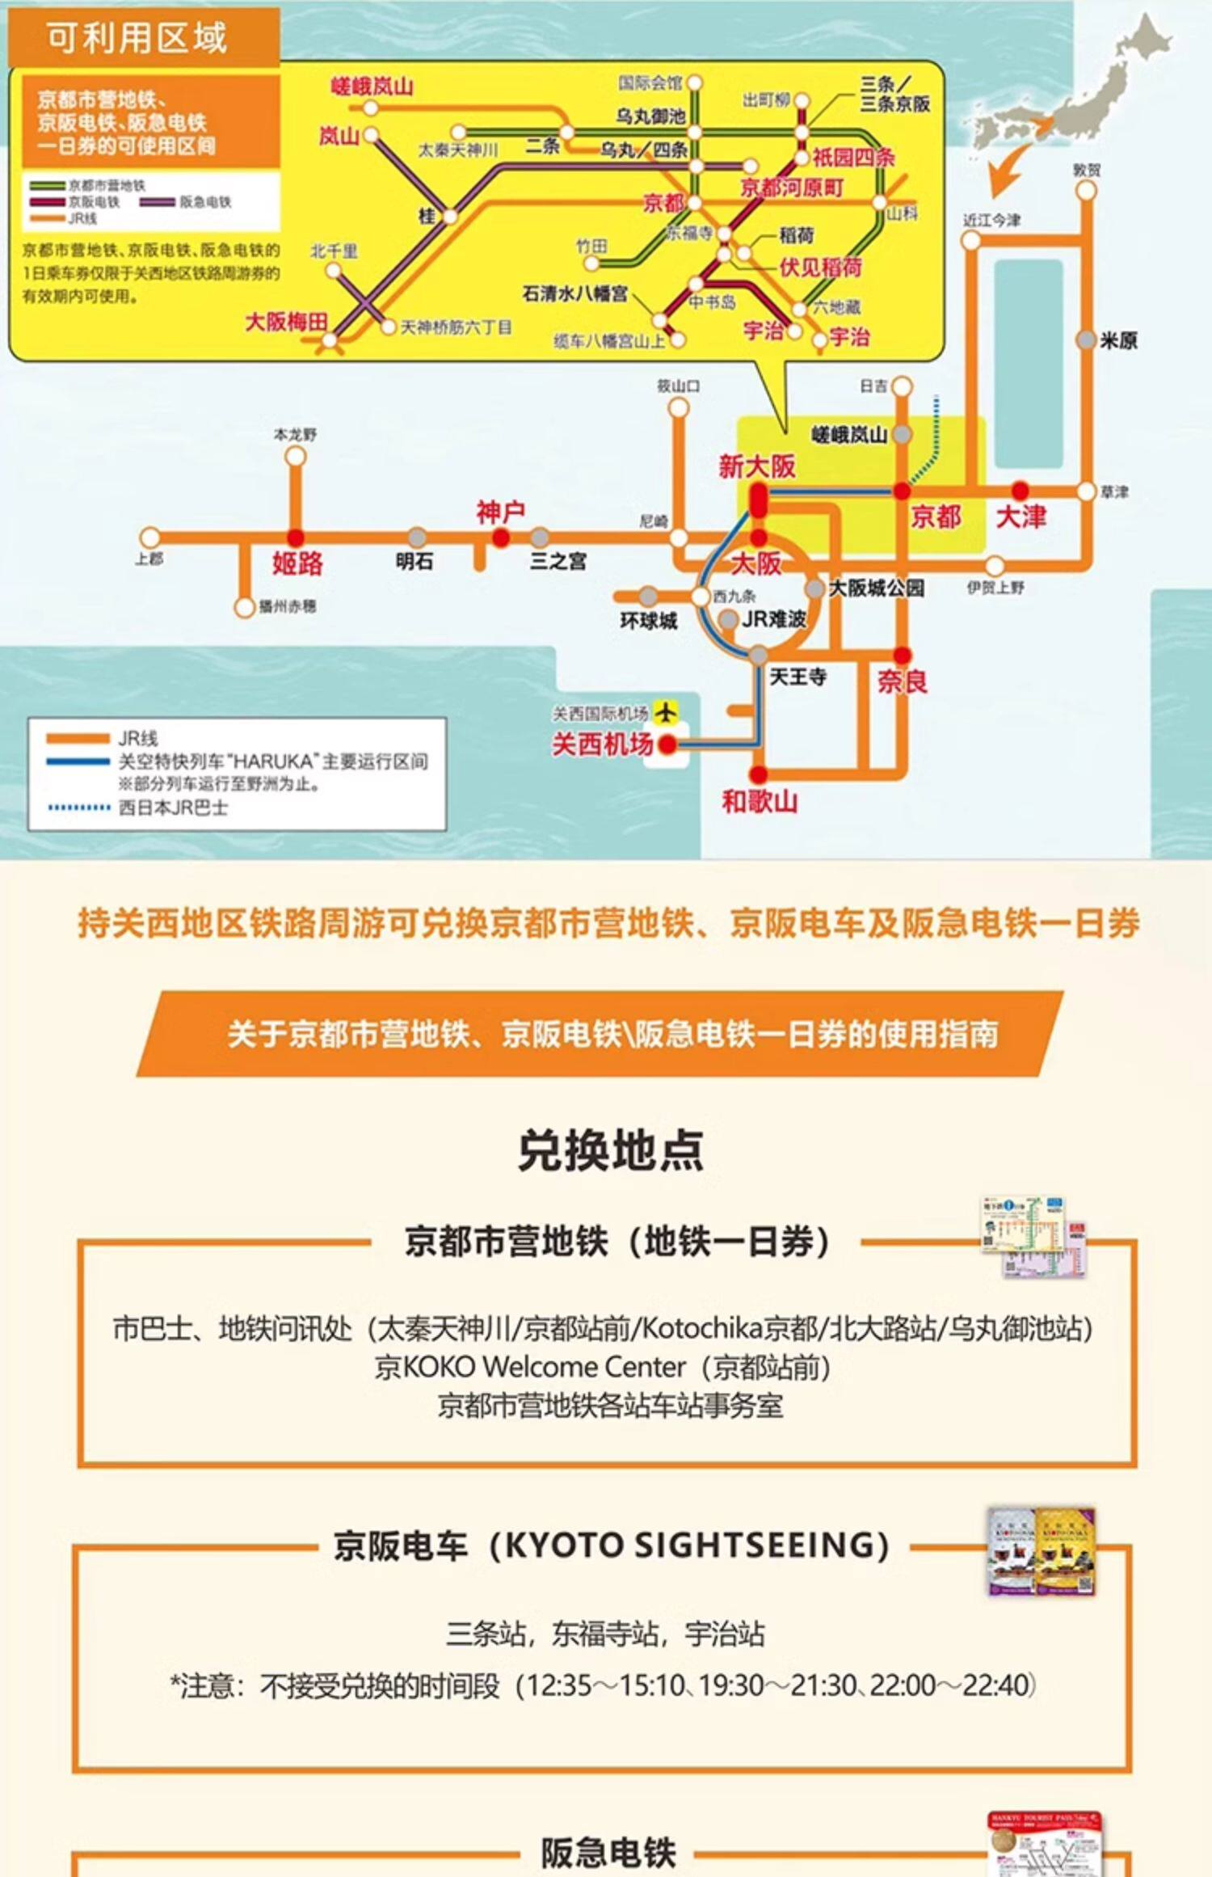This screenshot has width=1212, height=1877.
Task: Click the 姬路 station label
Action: point(297,563)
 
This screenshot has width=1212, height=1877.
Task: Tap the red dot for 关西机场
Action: point(667,744)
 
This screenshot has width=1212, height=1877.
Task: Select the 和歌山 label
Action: point(760,802)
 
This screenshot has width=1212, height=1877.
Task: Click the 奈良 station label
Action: point(903,682)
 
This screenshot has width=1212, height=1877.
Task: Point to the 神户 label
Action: point(500,512)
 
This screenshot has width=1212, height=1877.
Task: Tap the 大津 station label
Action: point(1021,517)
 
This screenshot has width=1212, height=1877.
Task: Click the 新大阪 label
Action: point(757,466)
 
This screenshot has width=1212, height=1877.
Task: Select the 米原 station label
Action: point(1118,341)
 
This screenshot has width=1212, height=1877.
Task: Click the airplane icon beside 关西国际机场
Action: point(665,712)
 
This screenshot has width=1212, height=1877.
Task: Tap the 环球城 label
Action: point(648,621)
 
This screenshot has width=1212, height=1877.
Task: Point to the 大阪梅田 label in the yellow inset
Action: point(286,322)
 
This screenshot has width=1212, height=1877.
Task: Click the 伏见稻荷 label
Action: point(820,268)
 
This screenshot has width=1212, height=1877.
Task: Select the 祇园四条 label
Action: point(853,157)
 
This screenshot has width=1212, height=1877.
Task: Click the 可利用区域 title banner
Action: point(137,38)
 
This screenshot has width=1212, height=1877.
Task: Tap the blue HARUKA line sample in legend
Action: point(78,761)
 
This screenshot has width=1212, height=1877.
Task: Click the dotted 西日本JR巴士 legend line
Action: point(79,808)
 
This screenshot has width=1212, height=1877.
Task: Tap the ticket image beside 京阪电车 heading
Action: point(1040,1551)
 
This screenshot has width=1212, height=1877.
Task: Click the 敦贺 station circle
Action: point(1087,192)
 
